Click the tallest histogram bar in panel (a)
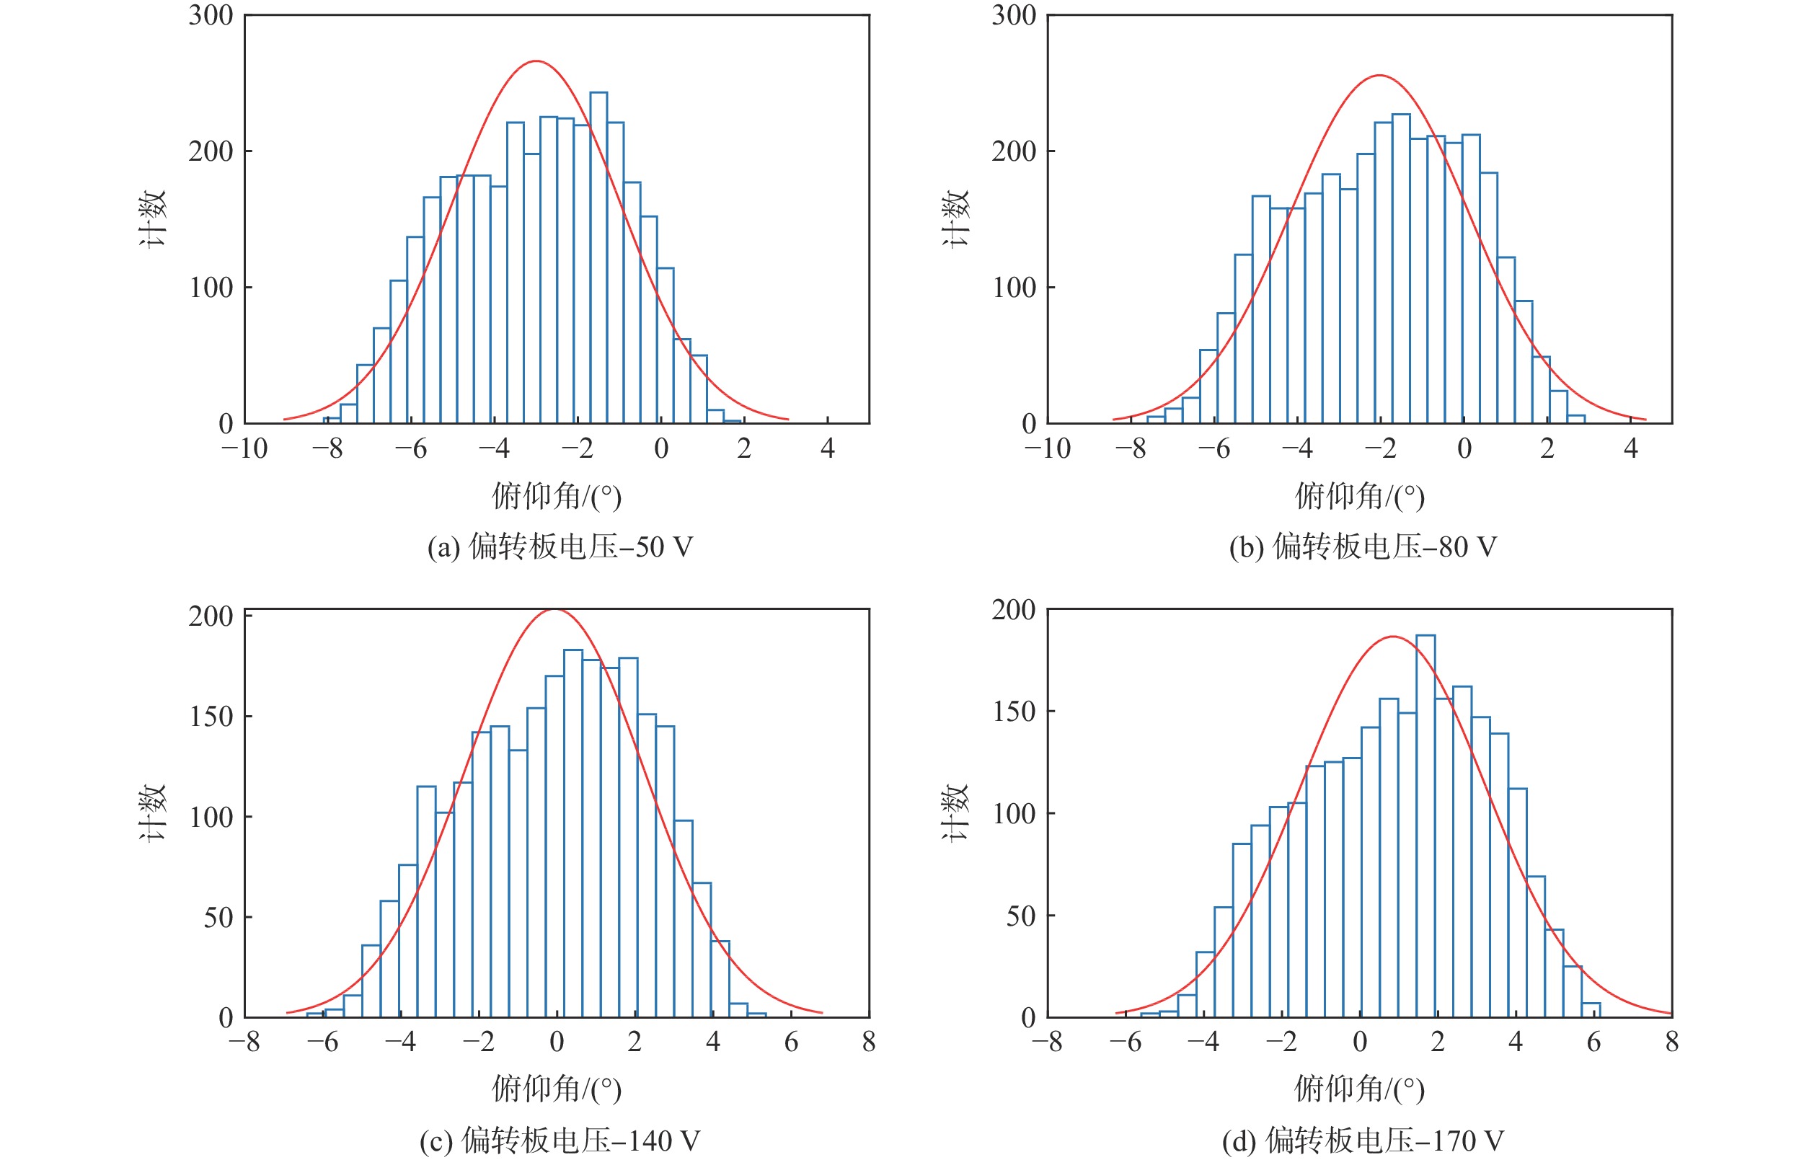(x=598, y=257)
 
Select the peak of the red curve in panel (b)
(x=1379, y=76)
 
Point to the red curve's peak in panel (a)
(x=536, y=61)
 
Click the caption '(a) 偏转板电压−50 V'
(x=560, y=546)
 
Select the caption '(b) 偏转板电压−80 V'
(x=1363, y=546)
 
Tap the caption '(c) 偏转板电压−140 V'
(x=560, y=1140)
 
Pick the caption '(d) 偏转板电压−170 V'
(x=1363, y=1140)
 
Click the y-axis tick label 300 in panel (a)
(x=211, y=15)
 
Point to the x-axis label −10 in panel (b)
(x=1047, y=449)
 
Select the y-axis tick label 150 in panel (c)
(x=211, y=716)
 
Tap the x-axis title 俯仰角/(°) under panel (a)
(x=557, y=496)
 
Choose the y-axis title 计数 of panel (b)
(x=955, y=219)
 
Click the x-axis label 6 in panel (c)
(x=791, y=1042)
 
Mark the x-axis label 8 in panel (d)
(x=1672, y=1042)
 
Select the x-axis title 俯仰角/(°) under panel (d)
(x=1360, y=1089)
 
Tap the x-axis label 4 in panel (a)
(x=828, y=449)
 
